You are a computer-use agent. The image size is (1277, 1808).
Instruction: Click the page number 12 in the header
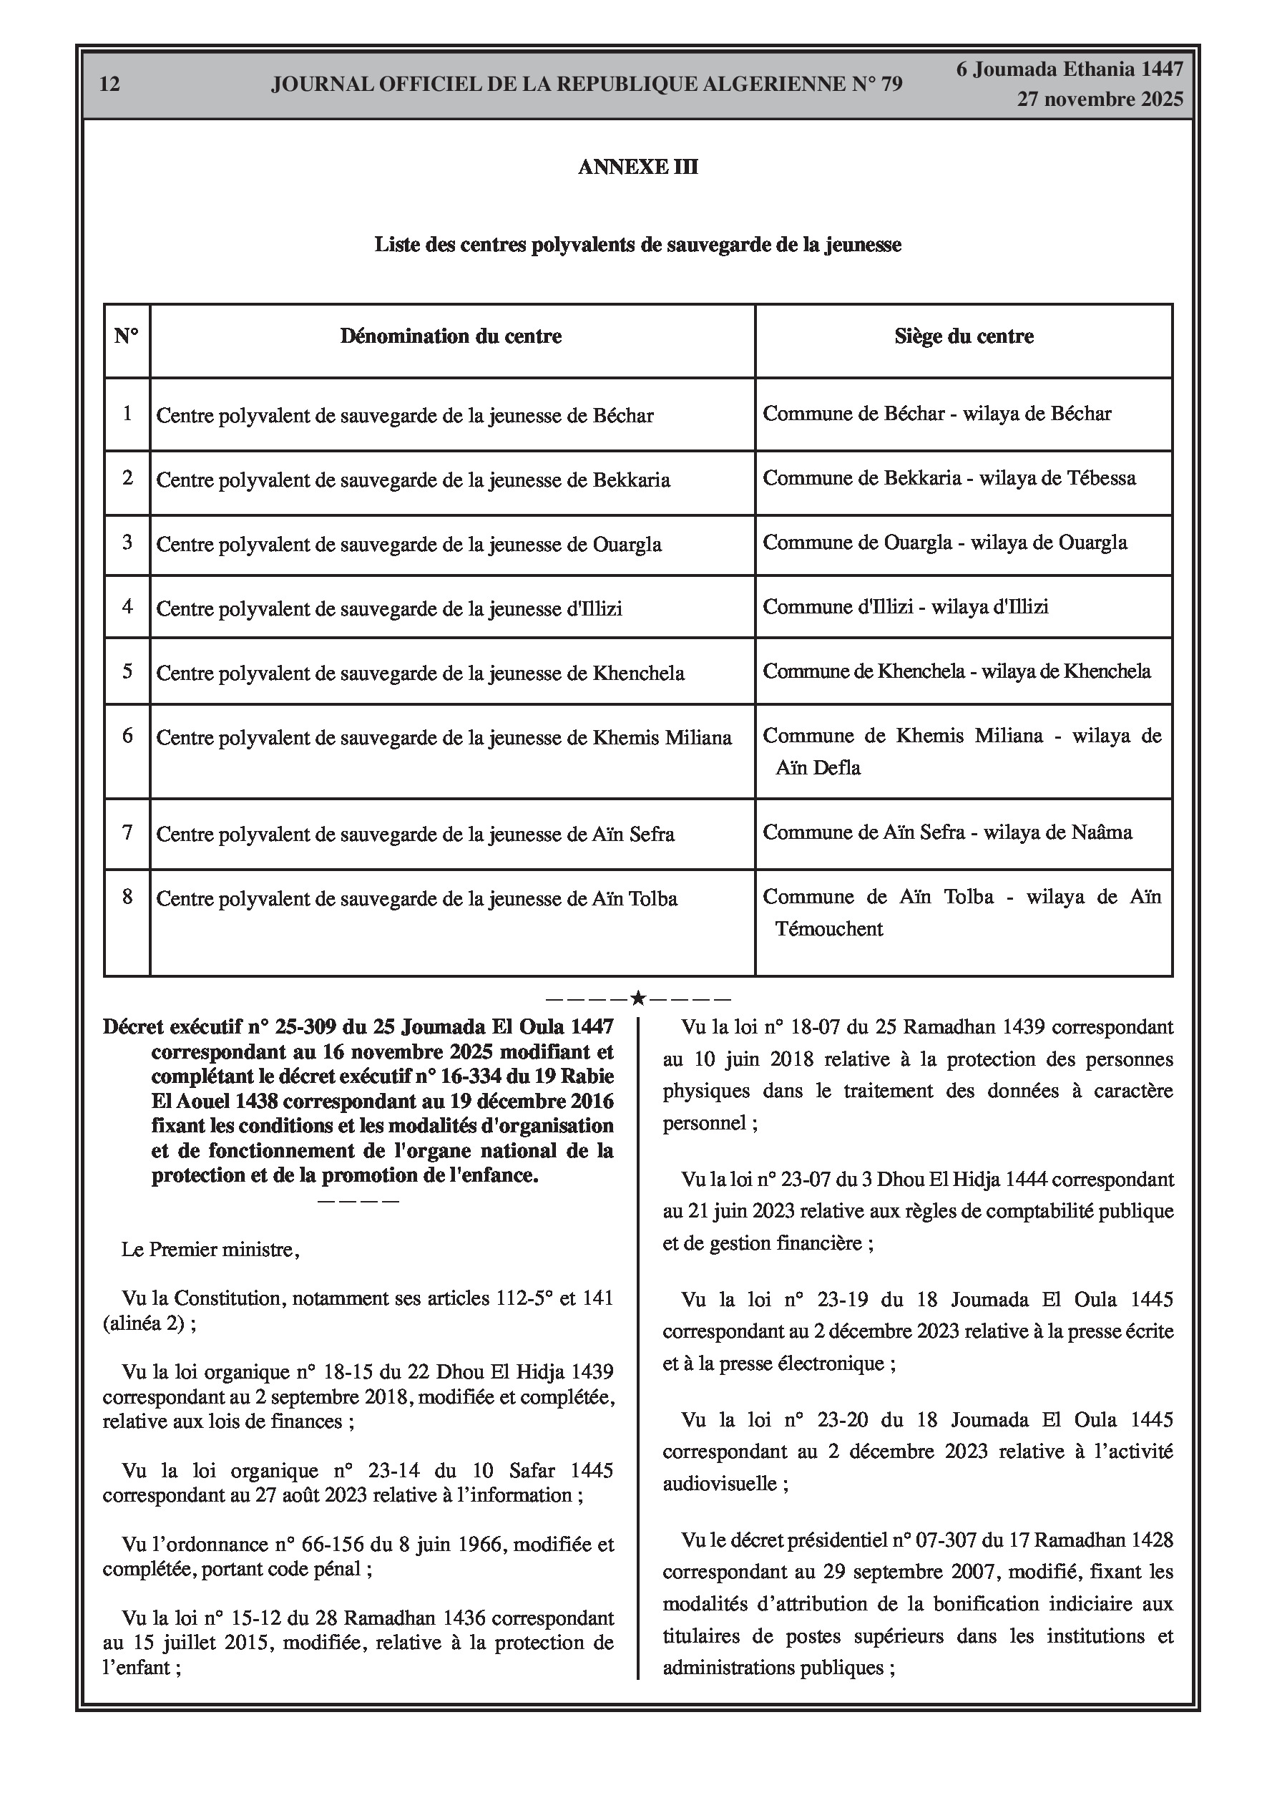point(109,84)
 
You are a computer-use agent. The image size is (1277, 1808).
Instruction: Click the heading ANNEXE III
point(637,167)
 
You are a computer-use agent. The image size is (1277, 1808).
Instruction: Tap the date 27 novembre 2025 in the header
point(1100,99)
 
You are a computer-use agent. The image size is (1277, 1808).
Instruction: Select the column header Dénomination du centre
point(451,337)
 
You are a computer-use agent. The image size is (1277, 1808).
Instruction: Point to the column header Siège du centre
point(964,337)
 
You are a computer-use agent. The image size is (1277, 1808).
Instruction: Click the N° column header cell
point(126,337)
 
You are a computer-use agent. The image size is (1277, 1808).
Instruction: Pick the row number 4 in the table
point(127,607)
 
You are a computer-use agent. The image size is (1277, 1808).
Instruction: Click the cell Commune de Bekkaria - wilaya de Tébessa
point(949,478)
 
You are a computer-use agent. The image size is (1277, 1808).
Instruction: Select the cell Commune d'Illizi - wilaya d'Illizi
point(906,607)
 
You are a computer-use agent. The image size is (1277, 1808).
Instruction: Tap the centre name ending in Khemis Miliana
point(444,738)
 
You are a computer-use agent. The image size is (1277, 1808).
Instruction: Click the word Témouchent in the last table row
point(829,929)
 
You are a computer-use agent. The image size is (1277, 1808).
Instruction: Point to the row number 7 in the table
point(127,832)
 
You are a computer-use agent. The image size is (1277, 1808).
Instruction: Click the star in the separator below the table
point(637,999)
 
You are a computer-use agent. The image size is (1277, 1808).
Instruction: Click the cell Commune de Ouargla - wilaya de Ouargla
point(945,543)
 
